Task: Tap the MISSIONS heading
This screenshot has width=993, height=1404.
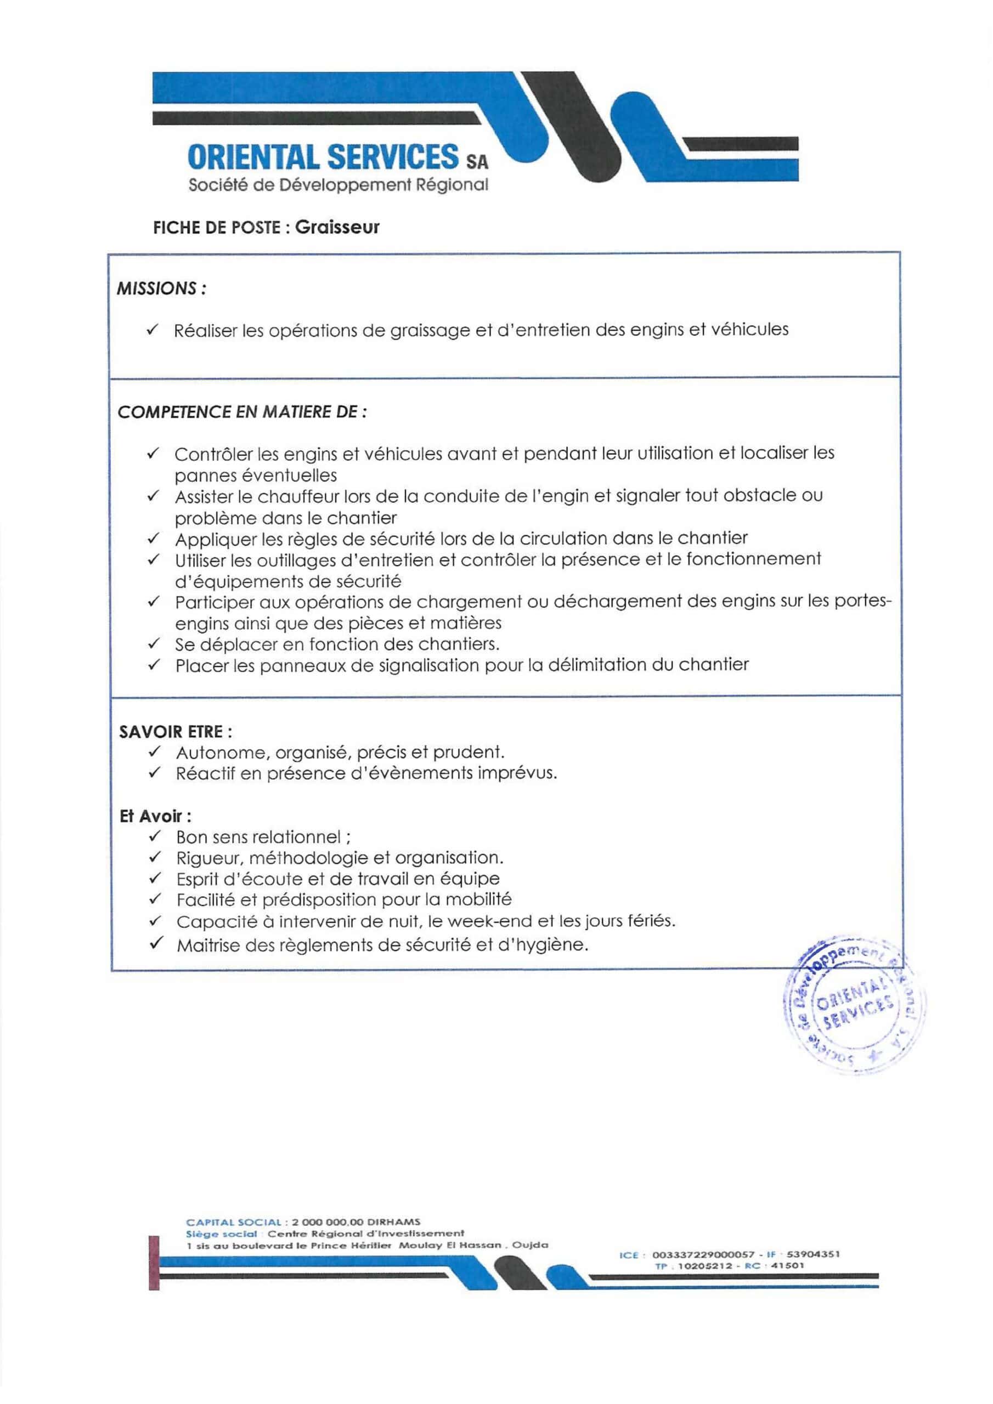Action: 161,288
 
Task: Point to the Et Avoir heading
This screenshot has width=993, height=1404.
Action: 155,817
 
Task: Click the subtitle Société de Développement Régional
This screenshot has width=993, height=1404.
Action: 338,185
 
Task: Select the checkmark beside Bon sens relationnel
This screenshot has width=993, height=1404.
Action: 155,836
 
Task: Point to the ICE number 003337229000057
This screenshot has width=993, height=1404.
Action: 703,1255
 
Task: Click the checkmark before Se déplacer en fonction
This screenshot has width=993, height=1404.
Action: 154,643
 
